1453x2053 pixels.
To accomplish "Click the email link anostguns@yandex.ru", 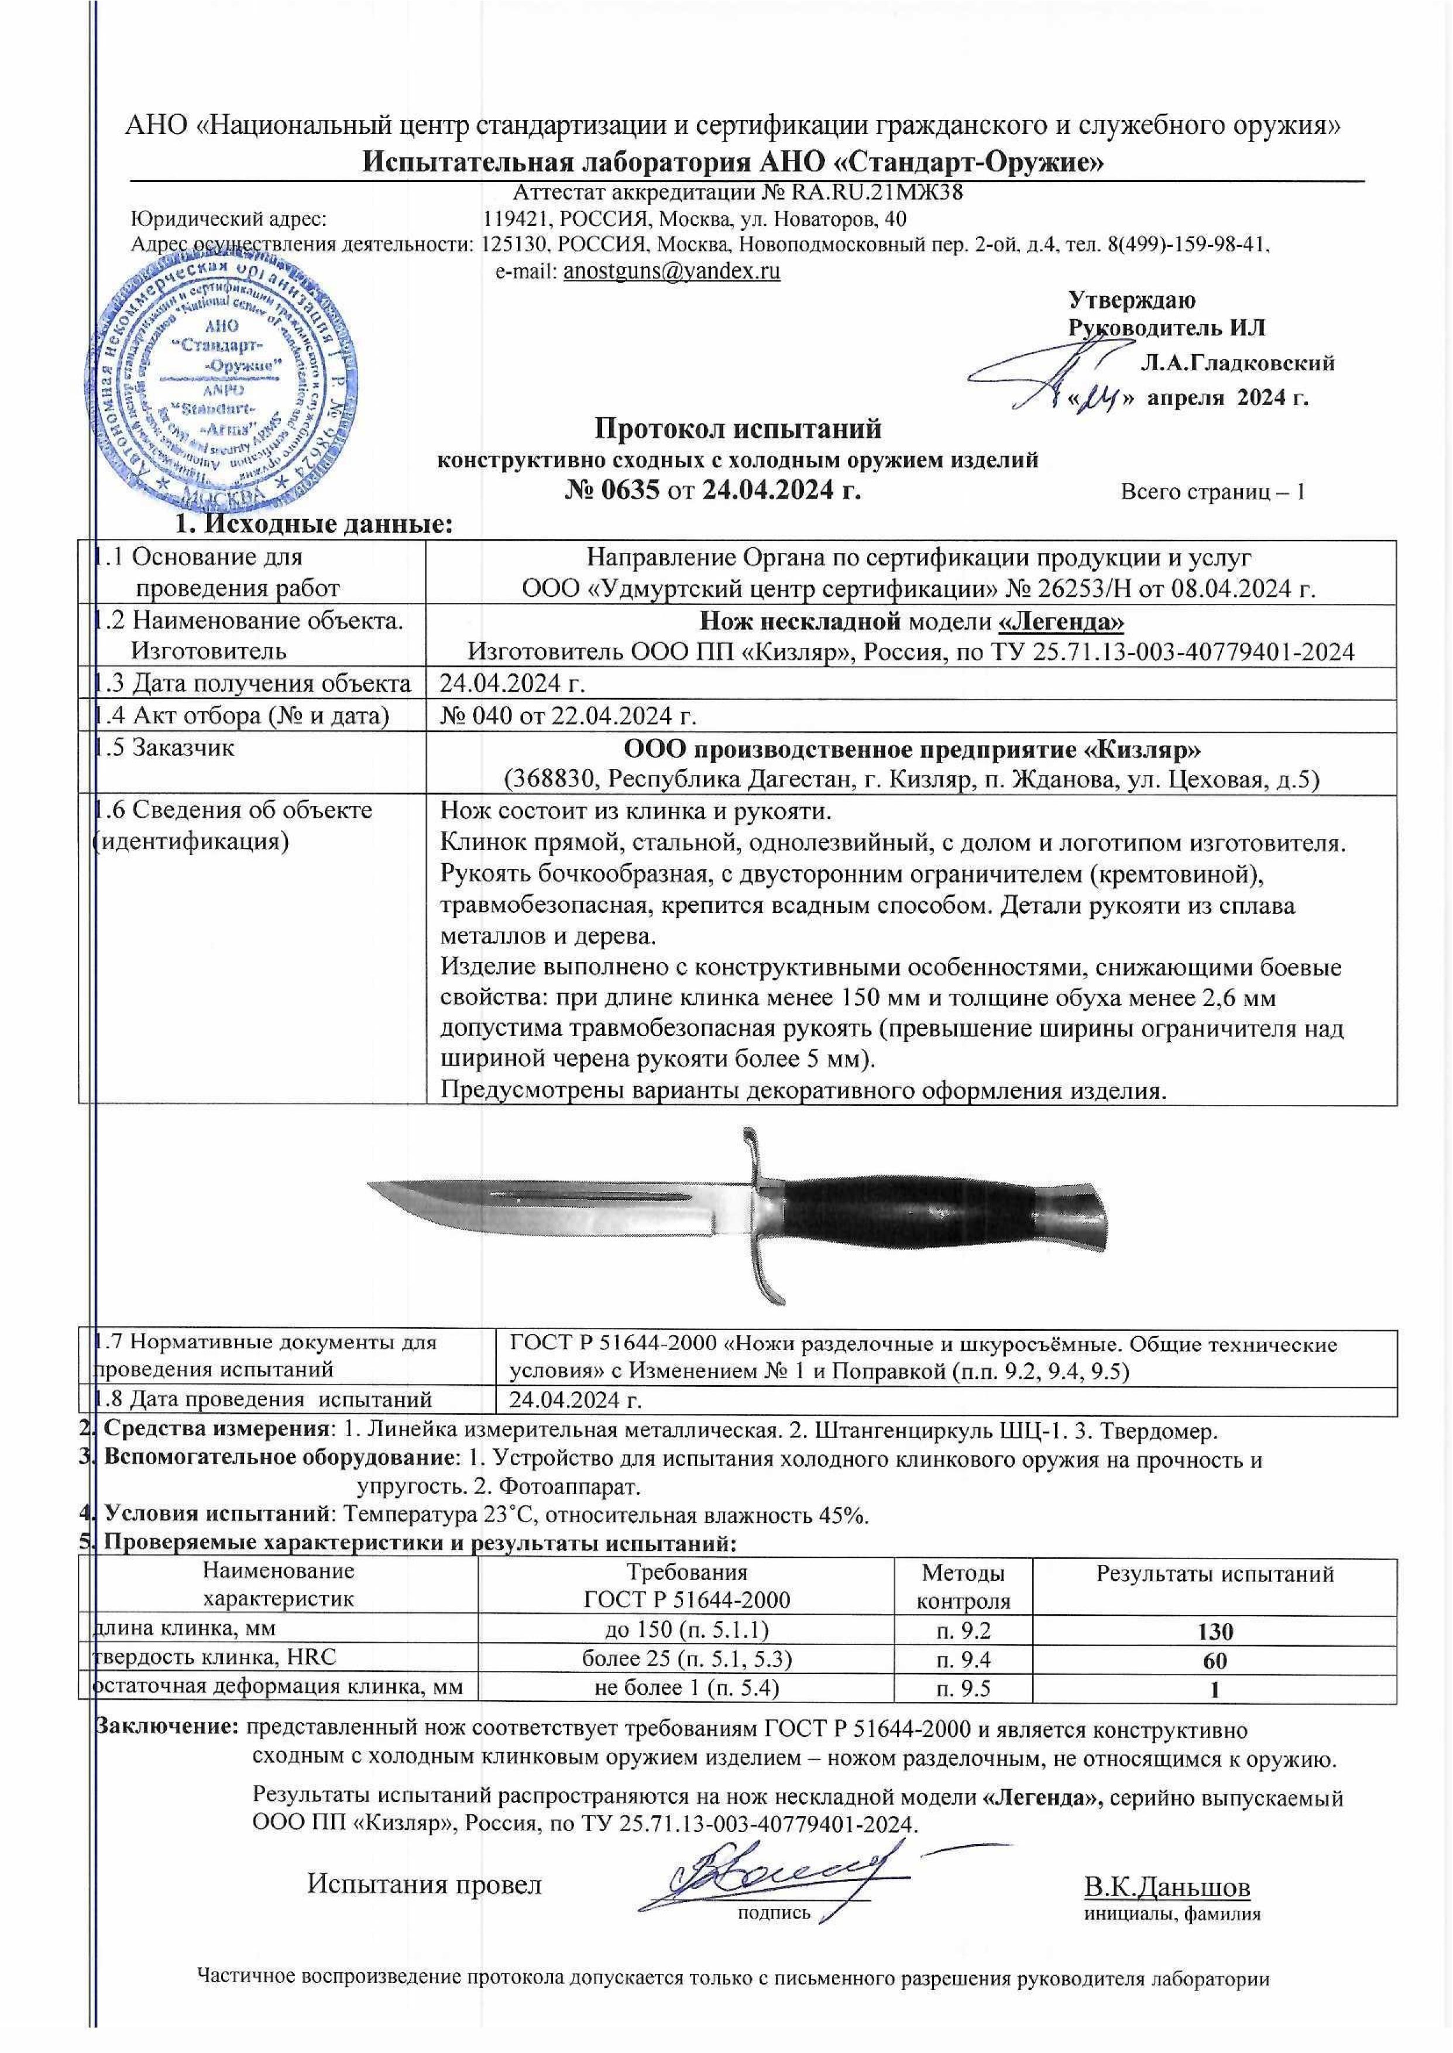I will click(671, 272).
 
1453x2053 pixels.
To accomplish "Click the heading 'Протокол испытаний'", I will click(738, 430).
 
